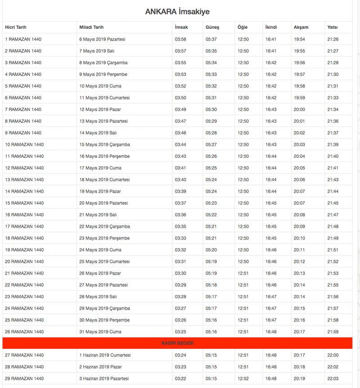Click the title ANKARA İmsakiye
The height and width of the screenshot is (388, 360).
point(177,12)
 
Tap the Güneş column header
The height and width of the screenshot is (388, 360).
point(212,27)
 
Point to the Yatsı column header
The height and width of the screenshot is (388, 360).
point(333,27)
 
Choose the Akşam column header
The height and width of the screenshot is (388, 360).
point(301,27)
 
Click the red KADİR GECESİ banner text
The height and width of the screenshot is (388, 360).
point(177,343)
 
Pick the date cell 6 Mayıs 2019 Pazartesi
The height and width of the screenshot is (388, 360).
point(102,39)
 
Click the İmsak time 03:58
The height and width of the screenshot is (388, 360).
point(180,39)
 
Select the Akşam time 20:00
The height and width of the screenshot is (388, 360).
point(299,109)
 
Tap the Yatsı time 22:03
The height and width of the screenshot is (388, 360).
point(333,379)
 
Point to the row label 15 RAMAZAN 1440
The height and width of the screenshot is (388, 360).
point(24,203)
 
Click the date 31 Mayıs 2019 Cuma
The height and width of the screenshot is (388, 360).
point(100,332)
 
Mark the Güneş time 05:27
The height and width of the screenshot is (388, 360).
point(211,144)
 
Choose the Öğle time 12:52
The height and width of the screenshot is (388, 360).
point(243,379)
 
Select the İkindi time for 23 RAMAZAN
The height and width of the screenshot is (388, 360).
point(271,297)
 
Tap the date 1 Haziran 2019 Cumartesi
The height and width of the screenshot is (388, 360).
point(105,355)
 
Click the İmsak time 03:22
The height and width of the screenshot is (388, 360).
point(180,379)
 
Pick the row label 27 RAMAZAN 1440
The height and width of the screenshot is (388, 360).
point(24,355)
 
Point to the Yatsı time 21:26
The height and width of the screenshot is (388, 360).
point(333,39)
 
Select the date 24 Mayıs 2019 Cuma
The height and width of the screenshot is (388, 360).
point(100,250)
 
